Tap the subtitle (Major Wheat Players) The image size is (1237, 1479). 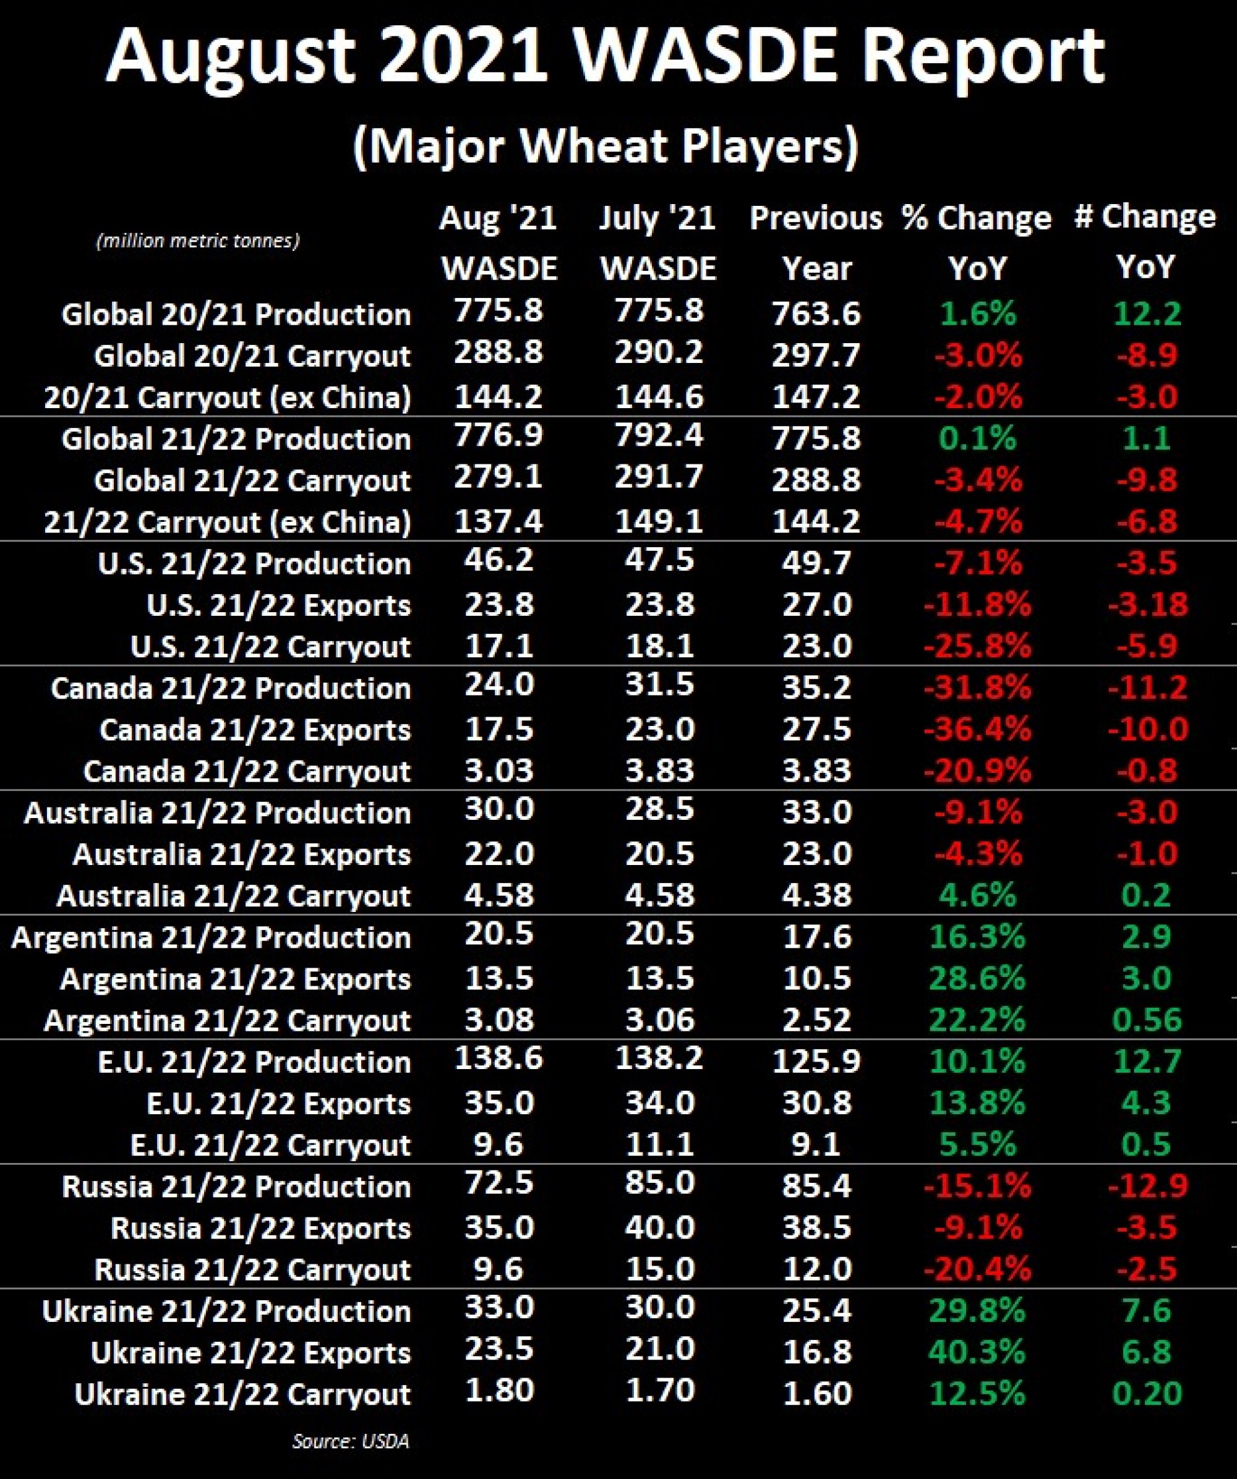coord(606,147)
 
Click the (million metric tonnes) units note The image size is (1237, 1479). coord(198,241)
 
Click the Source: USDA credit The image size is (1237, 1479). coord(351,1441)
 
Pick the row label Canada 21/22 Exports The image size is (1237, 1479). coord(255,730)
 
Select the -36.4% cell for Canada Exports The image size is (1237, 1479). coord(977,729)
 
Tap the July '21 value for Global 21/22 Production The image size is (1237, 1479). coord(659,435)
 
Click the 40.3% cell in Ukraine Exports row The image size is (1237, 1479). coord(977,1352)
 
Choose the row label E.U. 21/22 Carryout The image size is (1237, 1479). coord(270,1145)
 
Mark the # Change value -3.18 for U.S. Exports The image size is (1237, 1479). coord(1147,604)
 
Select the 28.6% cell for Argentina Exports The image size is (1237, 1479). coord(977,978)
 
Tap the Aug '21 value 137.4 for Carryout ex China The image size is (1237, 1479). coord(499,522)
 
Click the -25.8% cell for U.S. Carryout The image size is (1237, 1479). coord(977,646)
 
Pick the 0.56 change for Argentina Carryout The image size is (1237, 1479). coord(1147,1020)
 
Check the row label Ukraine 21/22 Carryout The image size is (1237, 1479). coord(242,1394)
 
